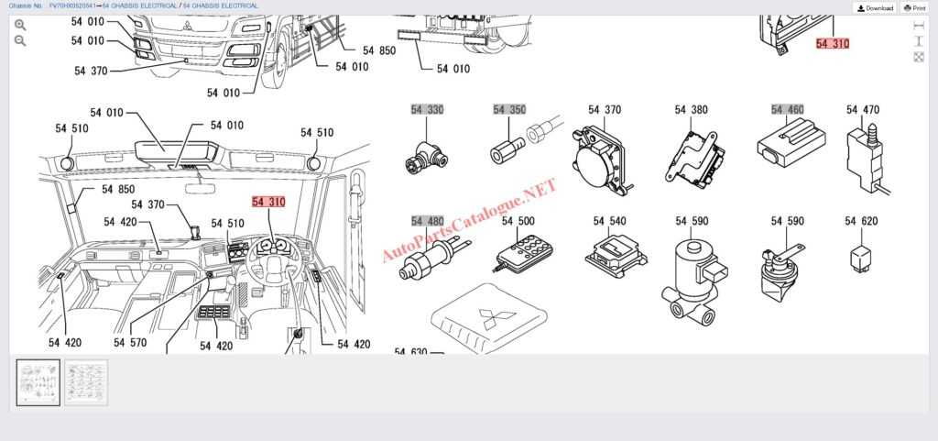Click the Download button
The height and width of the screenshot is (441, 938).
pos(875,7)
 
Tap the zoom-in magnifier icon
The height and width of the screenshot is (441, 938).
pos(20,25)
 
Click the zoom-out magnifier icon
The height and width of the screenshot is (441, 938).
pos(20,41)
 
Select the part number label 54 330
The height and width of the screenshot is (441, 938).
pos(427,110)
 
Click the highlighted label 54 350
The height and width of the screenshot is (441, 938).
pos(509,110)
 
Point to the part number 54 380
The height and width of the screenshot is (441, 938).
pos(692,110)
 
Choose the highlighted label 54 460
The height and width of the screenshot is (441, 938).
pos(788,110)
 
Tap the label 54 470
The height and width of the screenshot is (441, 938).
pos(862,110)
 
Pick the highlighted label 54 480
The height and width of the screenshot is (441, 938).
pos(427,221)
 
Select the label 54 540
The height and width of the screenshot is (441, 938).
pos(609,221)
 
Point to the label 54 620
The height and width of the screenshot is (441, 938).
pos(862,221)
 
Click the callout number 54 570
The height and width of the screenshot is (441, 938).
pos(130,343)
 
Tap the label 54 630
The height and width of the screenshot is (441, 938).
pos(411,351)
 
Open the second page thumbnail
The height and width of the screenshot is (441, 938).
pos(86,382)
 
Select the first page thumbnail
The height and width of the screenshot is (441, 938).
pos(38,382)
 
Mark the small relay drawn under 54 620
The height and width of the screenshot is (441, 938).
pos(862,253)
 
